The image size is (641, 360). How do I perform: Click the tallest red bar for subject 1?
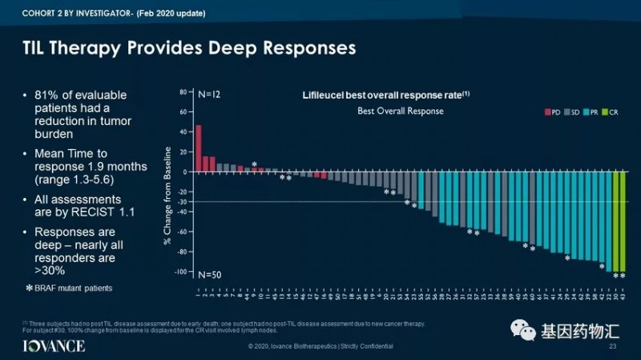tap(198, 148)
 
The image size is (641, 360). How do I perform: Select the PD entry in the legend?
tap(552, 112)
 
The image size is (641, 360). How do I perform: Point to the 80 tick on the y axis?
tap(183, 92)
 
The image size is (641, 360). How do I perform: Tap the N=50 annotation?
tap(209, 275)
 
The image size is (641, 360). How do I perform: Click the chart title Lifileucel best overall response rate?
tap(385, 95)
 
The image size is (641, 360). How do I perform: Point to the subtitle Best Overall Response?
tap(400, 111)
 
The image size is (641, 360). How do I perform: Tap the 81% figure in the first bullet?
tap(46, 95)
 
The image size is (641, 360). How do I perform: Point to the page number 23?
tap(613, 346)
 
